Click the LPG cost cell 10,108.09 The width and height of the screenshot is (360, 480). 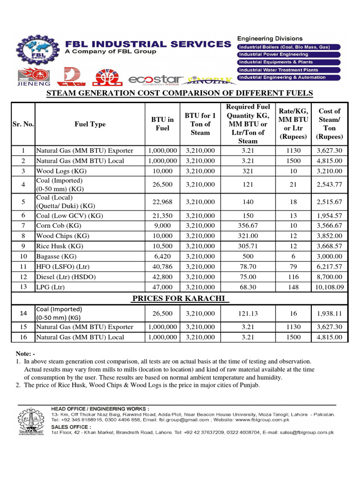330,287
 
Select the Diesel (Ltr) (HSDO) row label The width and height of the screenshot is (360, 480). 66,277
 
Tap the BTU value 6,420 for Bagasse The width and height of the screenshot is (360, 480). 162,256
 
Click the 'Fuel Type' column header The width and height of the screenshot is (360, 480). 90,124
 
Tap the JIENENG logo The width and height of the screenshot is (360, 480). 29,77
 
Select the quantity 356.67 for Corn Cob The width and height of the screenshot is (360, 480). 247,226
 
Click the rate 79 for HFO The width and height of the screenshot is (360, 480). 293,267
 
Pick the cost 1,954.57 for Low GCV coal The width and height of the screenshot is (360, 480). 330,216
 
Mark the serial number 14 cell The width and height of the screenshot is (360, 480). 23,313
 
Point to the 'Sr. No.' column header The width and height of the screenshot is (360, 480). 23,124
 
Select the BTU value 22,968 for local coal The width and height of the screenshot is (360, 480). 162,202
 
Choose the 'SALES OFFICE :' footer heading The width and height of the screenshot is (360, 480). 70,427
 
